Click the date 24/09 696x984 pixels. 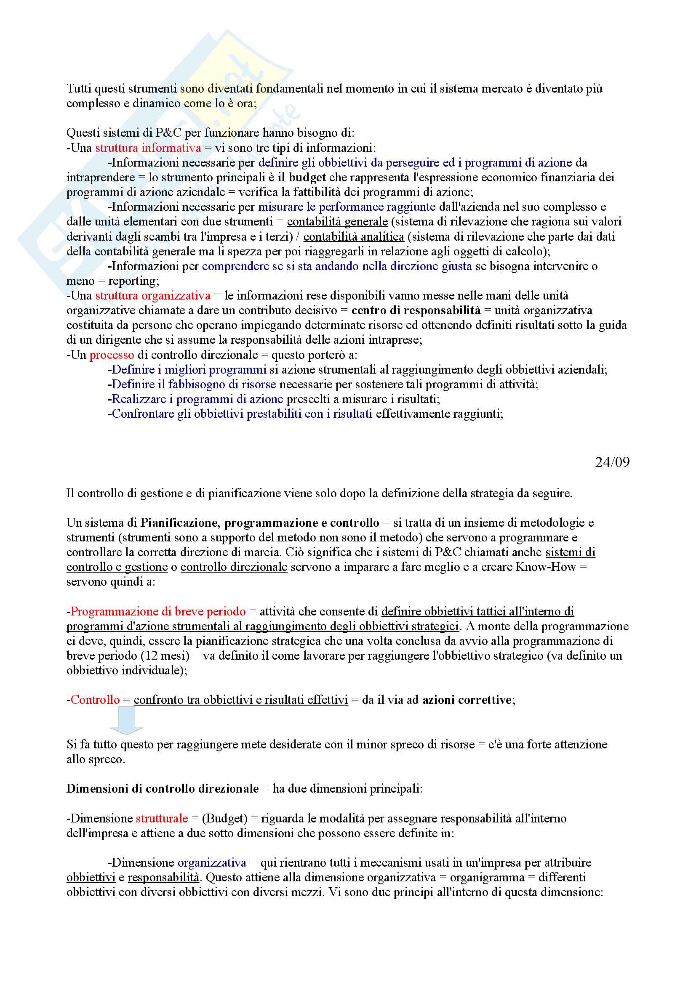[x=612, y=462]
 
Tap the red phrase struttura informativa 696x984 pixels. [x=148, y=148]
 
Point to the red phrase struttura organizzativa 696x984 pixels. [x=153, y=296]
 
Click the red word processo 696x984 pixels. [x=112, y=355]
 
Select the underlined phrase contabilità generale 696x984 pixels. [x=337, y=222]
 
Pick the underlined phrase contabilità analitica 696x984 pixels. [x=353, y=236]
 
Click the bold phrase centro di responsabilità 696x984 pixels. [x=416, y=310]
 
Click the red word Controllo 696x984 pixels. [x=95, y=700]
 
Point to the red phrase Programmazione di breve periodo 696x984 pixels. [x=158, y=612]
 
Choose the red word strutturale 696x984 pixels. [x=162, y=818]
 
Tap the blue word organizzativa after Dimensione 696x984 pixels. [x=212, y=863]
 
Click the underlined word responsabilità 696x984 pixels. [x=163, y=877]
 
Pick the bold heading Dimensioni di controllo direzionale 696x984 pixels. [x=163, y=788]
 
